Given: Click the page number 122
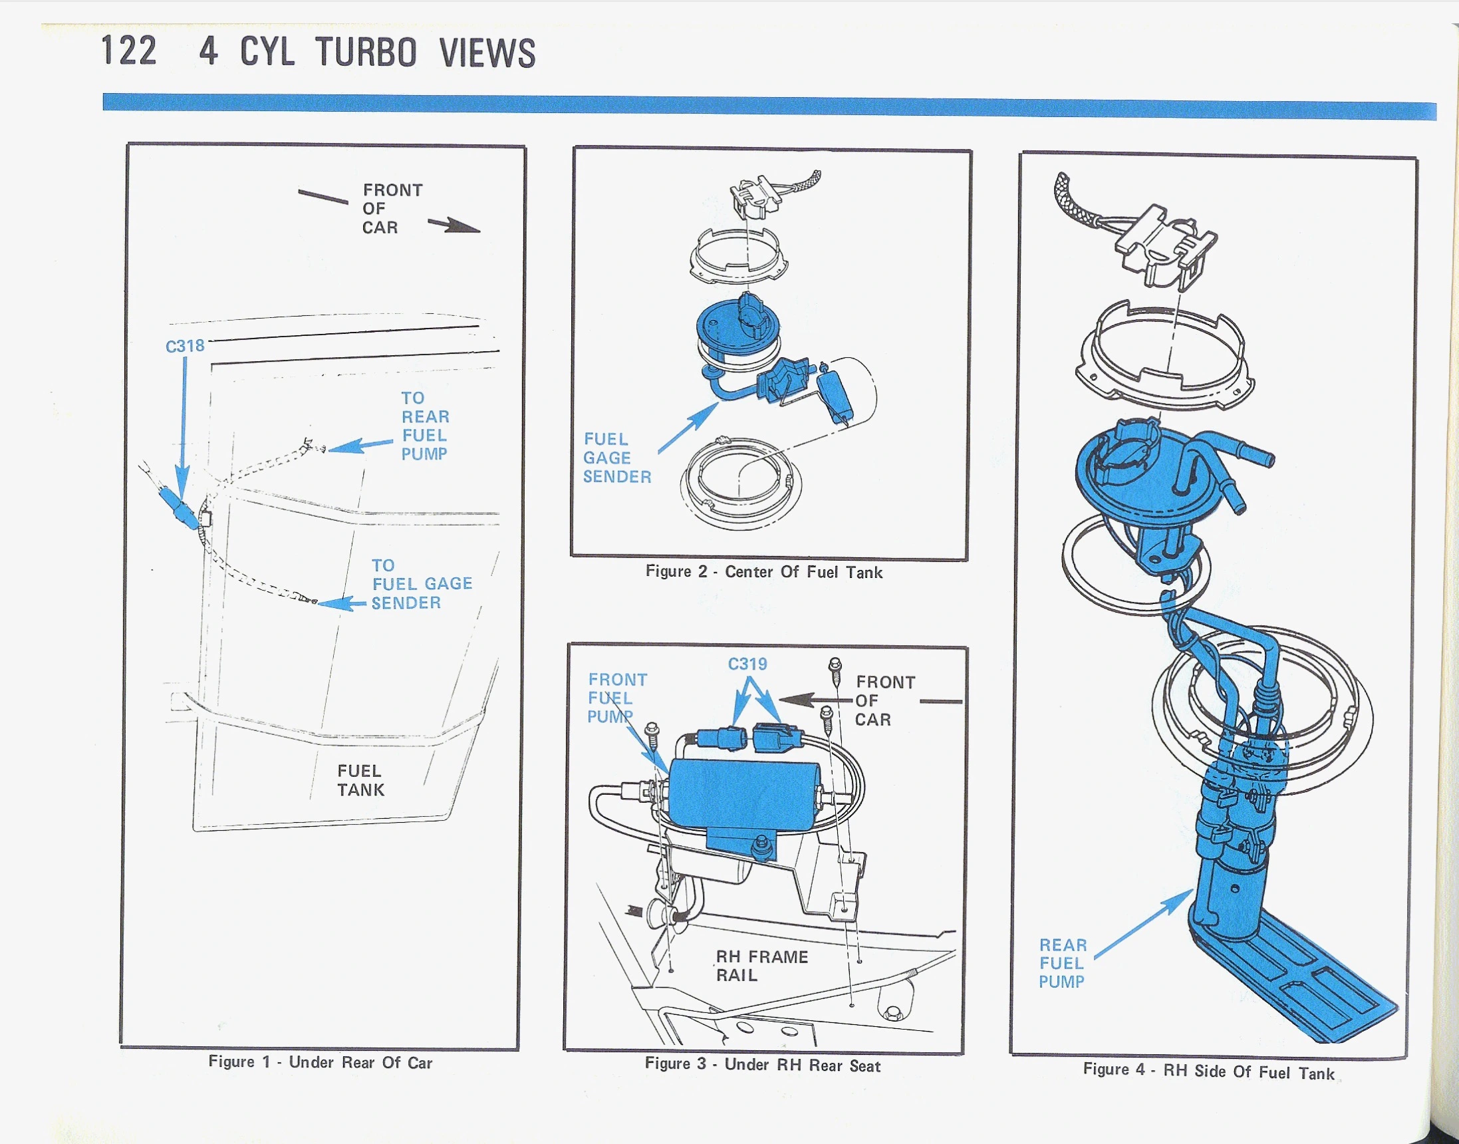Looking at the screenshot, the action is (x=129, y=51).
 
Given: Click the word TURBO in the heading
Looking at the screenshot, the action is (x=366, y=53).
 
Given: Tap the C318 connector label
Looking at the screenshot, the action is (x=185, y=347).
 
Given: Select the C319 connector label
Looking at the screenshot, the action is (x=747, y=664).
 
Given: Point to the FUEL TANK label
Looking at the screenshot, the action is (x=361, y=780).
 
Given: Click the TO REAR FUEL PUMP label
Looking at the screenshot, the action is (x=424, y=426).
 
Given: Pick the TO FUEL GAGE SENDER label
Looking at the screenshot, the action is (x=422, y=584).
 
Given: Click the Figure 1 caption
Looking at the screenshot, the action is (x=320, y=1062).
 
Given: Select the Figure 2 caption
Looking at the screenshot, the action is (x=764, y=571).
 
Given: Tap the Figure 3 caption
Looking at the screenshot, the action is (x=763, y=1064).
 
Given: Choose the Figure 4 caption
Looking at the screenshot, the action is (x=1209, y=1072).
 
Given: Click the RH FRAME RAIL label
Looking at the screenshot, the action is (x=762, y=966).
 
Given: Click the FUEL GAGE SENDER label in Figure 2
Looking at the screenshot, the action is (x=616, y=458).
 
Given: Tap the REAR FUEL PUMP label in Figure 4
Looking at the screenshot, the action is (x=1063, y=963).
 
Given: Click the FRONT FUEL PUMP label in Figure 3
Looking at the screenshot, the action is (x=616, y=698).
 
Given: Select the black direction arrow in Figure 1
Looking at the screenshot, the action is (x=454, y=225).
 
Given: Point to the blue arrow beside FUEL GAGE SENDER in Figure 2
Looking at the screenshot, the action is (x=688, y=428).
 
